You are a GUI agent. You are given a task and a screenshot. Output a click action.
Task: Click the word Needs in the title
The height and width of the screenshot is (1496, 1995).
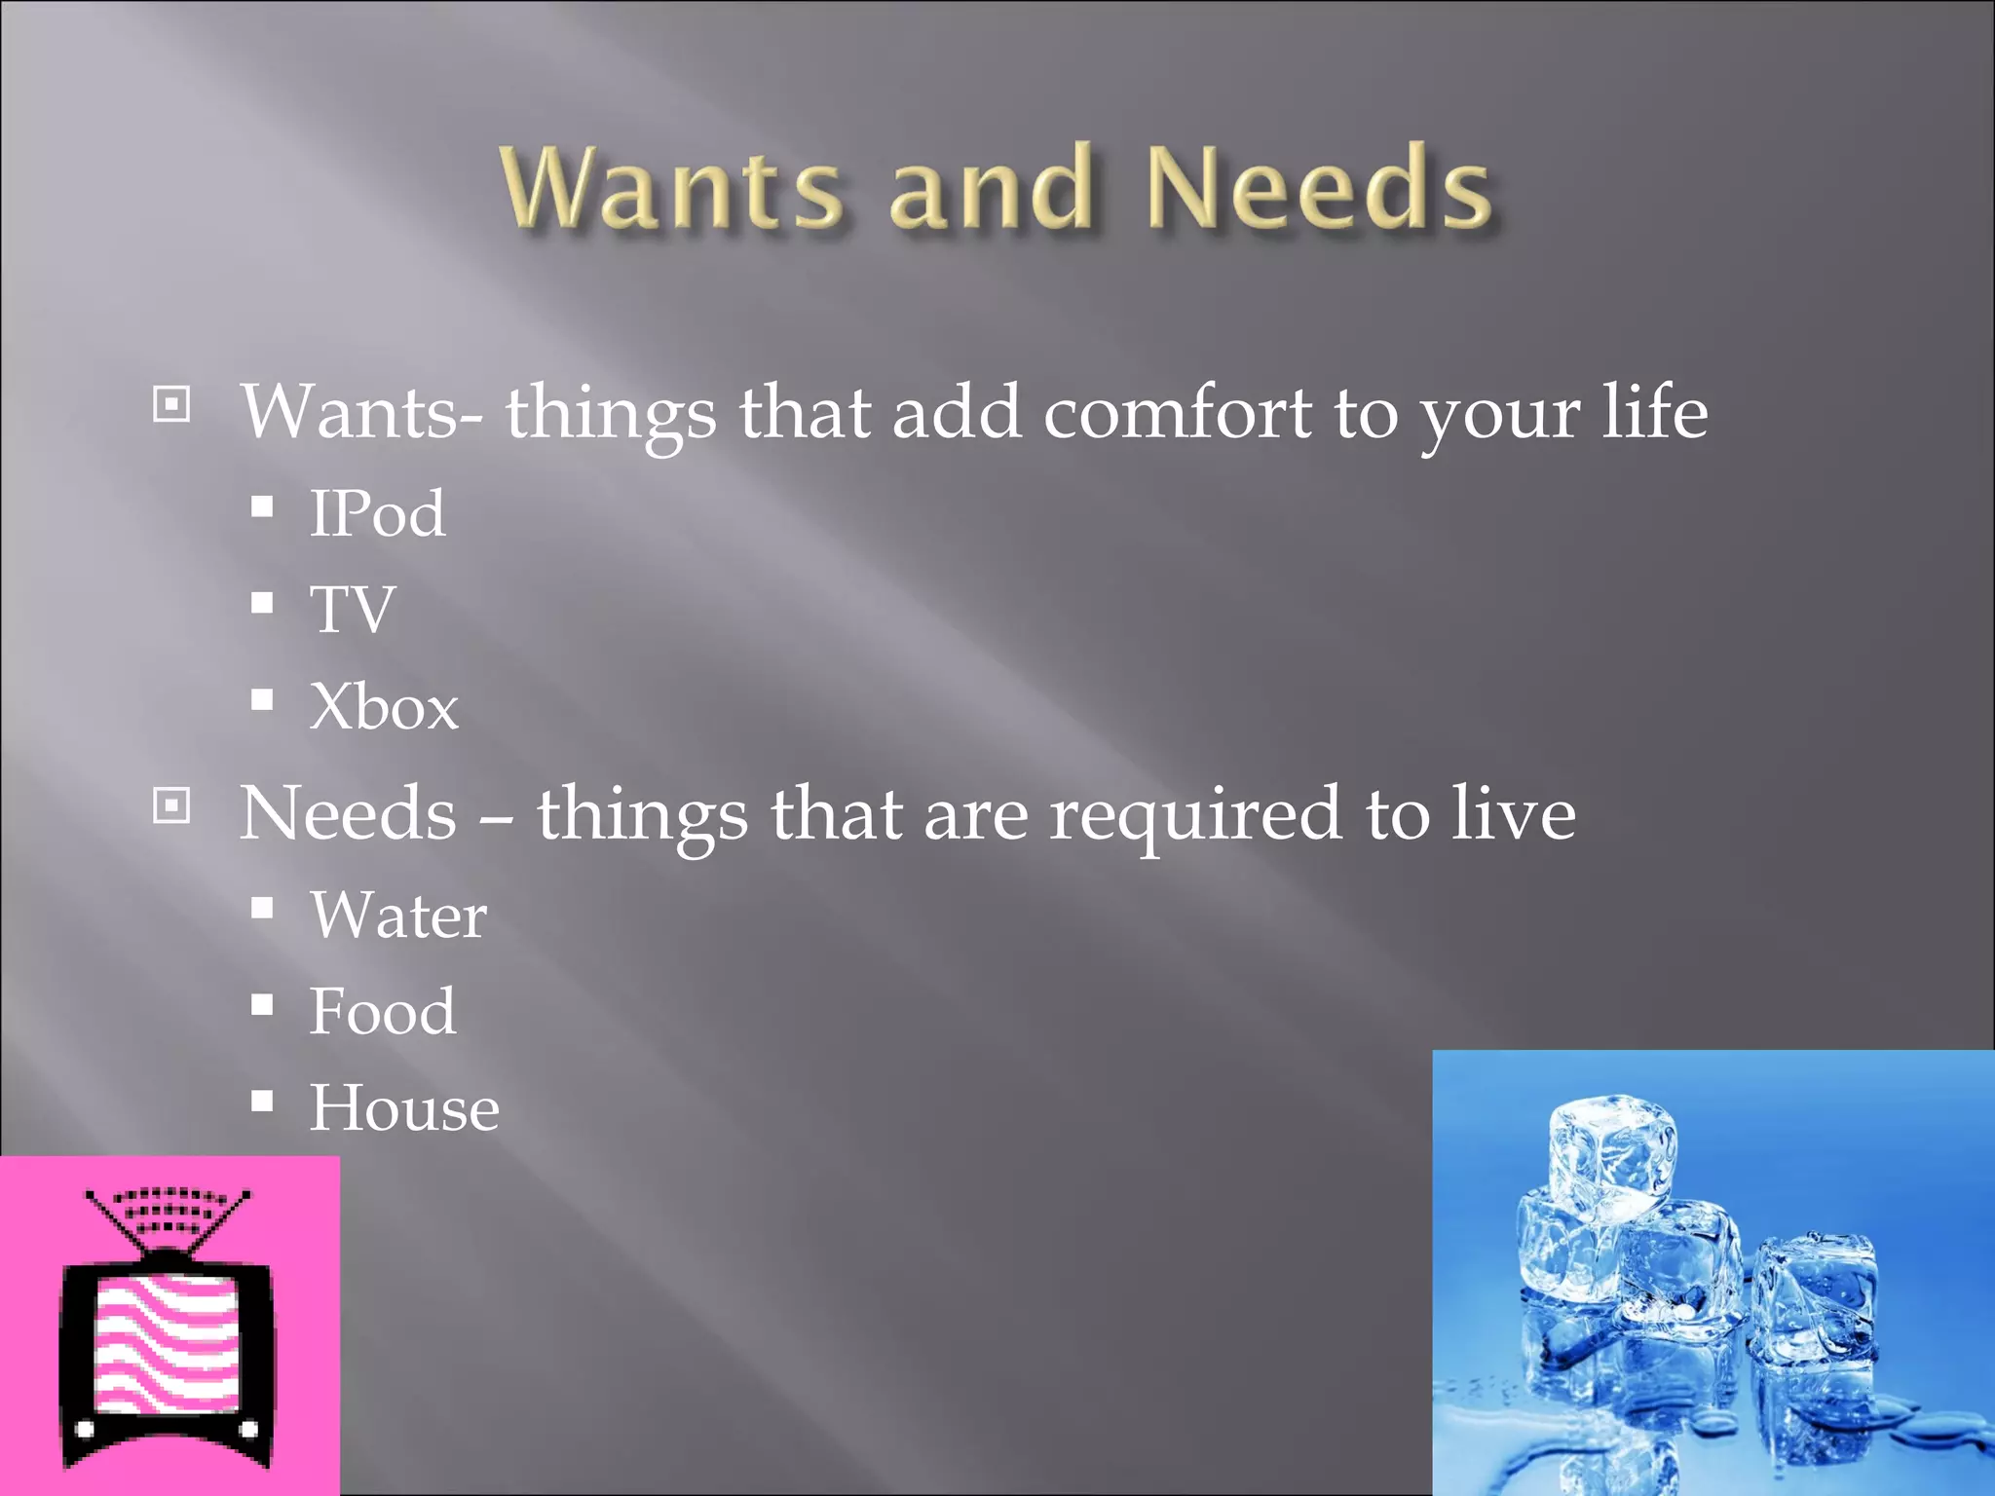tap(1319, 187)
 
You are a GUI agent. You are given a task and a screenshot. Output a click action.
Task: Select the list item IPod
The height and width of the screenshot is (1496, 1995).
tap(377, 513)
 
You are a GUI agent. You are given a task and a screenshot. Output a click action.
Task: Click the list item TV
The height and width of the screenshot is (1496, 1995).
tap(352, 610)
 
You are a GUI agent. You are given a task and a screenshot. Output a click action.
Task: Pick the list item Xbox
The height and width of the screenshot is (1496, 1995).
tap(383, 706)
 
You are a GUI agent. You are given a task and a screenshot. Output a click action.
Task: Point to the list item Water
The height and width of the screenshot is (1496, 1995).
tap(397, 916)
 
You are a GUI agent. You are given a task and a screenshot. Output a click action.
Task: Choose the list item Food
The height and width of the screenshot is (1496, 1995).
tap(382, 1011)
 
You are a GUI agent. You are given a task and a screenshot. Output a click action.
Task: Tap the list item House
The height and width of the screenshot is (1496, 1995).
tap(403, 1108)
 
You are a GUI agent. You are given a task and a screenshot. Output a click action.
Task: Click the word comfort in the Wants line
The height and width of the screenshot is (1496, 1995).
tap(1177, 413)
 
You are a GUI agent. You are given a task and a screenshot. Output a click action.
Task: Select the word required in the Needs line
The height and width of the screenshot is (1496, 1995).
tap(1194, 814)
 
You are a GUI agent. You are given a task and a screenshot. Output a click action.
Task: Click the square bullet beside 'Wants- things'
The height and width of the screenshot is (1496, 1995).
tap(171, 403)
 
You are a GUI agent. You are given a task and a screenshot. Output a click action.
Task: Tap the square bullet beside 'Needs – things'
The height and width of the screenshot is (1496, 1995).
tap(171, 805)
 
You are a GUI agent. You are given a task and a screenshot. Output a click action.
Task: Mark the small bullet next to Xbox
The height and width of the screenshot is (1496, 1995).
tap(261, 699)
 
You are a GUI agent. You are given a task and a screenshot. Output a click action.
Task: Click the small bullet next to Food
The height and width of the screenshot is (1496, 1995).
tap(261, 1004)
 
